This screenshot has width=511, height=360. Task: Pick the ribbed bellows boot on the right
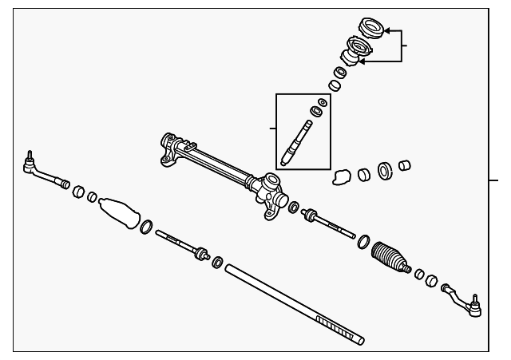tap(390, 255)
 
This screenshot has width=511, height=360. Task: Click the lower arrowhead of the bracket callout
tap(363, 59)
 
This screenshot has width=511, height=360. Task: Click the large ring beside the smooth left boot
tap(147, 228)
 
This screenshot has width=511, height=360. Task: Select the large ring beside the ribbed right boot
tap(363, 241)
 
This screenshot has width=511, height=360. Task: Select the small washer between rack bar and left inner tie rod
tap(217, 262)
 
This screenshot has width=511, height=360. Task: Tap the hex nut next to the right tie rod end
tap(431, 281)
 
